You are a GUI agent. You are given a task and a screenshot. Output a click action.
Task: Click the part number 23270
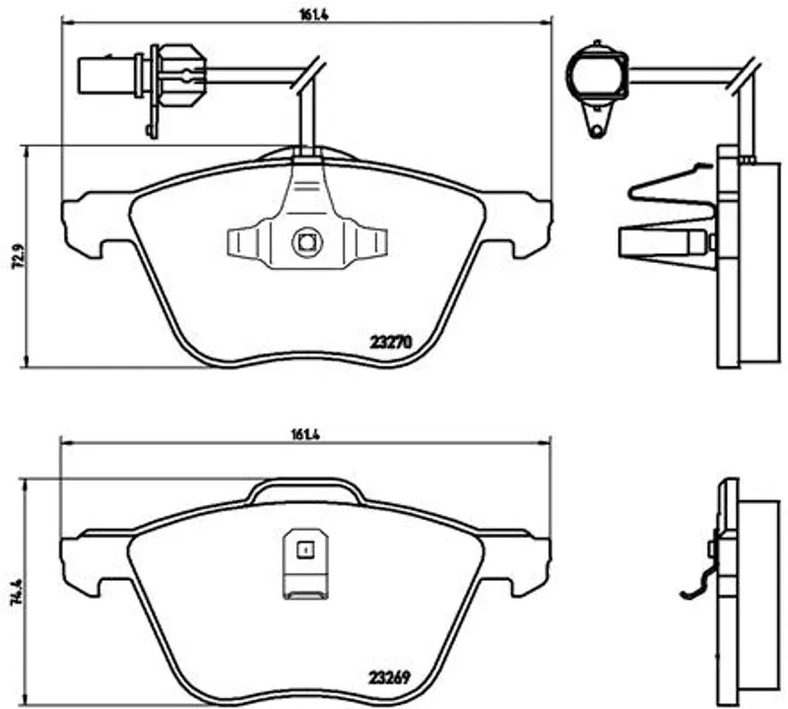pos(390,342)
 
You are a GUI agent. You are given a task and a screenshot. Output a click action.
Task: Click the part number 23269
pos(390,677)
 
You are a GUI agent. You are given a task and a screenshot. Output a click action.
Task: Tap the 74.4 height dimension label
pos(17,593)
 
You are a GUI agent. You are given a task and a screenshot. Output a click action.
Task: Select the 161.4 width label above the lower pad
pos(305,434)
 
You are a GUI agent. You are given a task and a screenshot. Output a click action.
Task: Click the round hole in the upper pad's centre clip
pos(306,242)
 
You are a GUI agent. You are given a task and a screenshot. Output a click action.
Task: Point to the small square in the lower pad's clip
pos(304,549)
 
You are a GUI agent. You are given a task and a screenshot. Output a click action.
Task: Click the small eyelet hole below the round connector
pos(597,131)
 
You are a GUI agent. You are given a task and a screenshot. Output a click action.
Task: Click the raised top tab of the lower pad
pos(306,491)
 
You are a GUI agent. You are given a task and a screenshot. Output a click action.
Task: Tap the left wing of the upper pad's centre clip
pos(243,243)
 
